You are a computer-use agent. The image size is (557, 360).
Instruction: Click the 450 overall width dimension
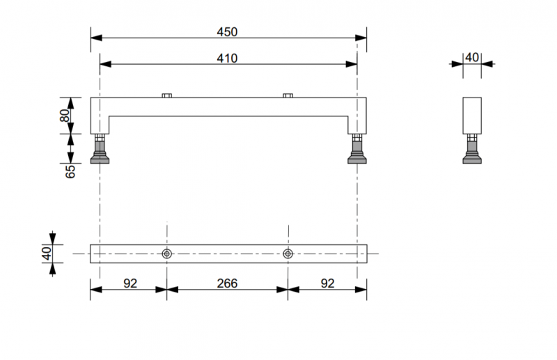tap(227, 32)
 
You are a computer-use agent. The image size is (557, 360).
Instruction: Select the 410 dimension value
tap(227, 58)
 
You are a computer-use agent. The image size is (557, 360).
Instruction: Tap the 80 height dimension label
tap(65, 116)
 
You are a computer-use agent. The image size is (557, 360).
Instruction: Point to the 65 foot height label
tap(70, 171)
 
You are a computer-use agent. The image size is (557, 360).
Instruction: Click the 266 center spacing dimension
tap(227, 283)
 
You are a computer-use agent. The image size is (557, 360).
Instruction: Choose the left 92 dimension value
tap(130, 283)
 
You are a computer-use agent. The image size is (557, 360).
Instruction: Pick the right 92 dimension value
tap(327, 283)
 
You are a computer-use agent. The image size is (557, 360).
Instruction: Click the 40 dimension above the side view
tap(472, 57)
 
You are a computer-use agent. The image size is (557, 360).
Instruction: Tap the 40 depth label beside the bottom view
tap(47, 253)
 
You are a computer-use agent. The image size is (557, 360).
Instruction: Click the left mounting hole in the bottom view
tap(167, 253)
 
